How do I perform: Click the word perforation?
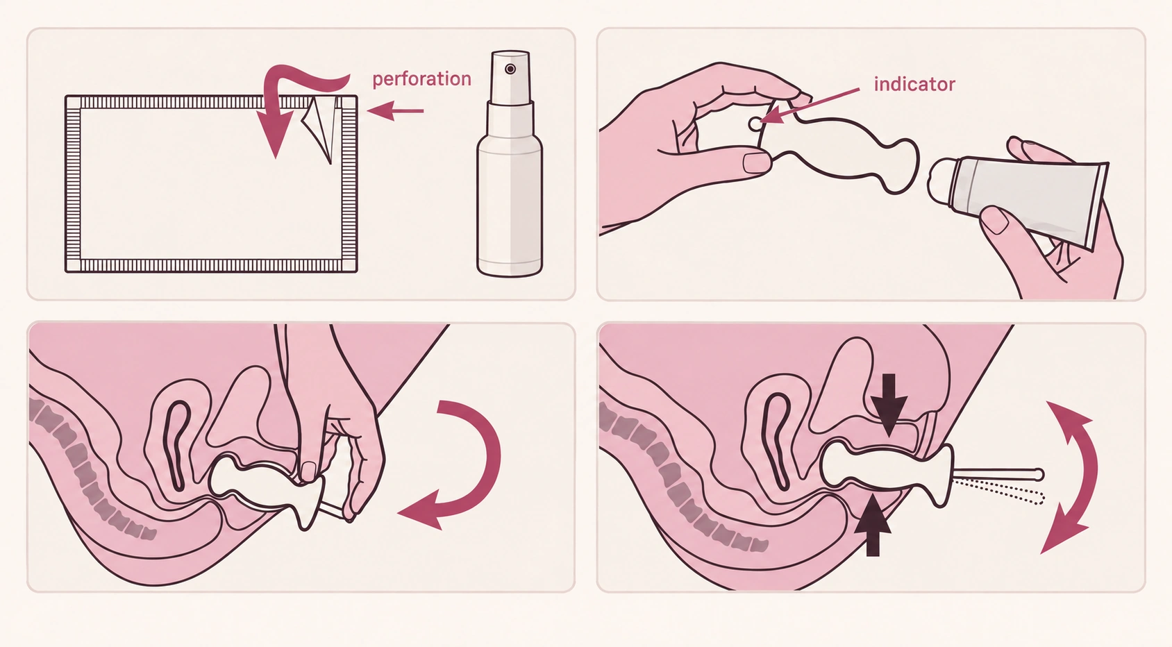click(421, 79)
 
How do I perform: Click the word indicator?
click(914, 84)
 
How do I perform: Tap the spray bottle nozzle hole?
click(510, 69)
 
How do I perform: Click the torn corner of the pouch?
click(320, 128)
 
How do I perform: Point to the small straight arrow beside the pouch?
click(395, 111)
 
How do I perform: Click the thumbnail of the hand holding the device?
click(757, 162)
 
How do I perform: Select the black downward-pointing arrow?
click(889, 405)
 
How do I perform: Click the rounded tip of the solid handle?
click(1039, 475)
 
